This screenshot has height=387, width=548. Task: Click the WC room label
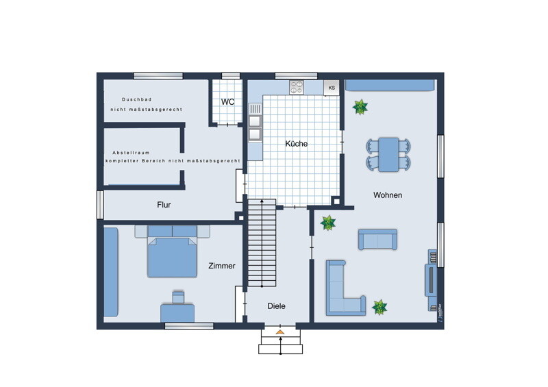(x=227, y=102)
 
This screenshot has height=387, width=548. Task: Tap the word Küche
(x=297, y=143)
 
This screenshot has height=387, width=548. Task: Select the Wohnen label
(x=388, y=195)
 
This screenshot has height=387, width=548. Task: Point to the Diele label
(x=276, y=306)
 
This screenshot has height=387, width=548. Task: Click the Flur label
(x=164, y=205)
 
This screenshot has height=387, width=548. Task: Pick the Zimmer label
(x=221, y=266)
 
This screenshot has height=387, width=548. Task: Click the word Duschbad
(x=136, y=99)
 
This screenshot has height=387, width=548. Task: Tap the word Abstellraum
(x=131, y=153)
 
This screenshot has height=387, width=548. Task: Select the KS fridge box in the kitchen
(x=332, y=88)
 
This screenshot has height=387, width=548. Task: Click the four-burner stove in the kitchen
(x=297, y=87)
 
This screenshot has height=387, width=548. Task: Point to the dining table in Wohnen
(x=388, y=154)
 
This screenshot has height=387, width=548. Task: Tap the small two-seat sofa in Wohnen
(x=377, y=240)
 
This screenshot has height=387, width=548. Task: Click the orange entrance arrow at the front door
(x=280, y=332)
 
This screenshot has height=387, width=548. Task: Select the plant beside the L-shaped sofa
(x=379, y=308)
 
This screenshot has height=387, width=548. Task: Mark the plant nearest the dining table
(x=360, y=107)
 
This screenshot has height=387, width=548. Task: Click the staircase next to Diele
(x=262, y=243)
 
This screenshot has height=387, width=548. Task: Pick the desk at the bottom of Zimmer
(x=177, y=313)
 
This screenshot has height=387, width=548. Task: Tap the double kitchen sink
(x=255, y=127)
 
